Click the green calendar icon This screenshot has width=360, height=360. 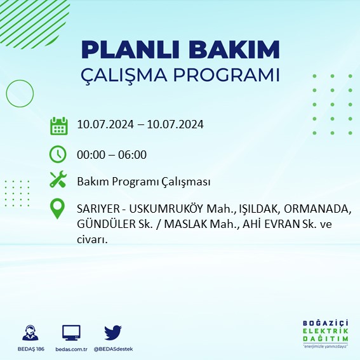58,125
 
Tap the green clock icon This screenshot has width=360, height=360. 58,154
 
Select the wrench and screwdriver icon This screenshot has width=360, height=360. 58,180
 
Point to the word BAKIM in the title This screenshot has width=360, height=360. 236,50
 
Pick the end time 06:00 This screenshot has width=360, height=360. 133,154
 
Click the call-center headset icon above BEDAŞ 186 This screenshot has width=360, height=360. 29,334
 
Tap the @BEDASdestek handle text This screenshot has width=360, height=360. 113,349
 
